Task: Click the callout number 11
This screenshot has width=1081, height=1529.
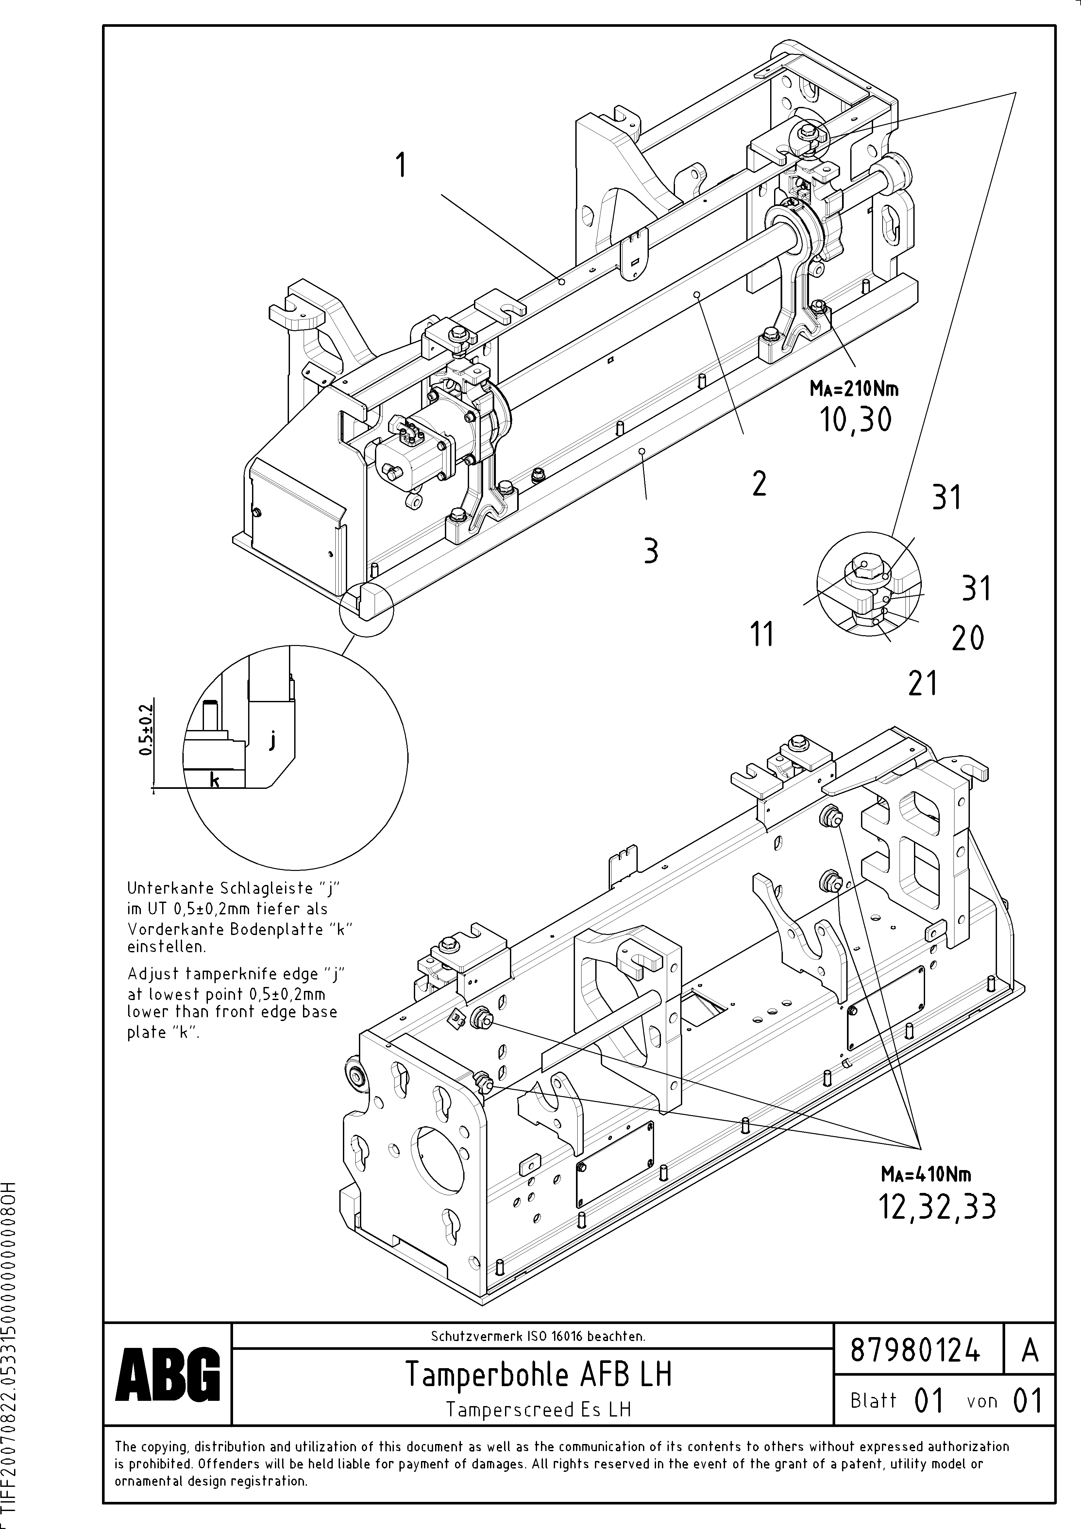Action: click(x=762, y=634)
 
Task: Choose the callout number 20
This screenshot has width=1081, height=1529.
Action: click(x=968, y=639)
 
